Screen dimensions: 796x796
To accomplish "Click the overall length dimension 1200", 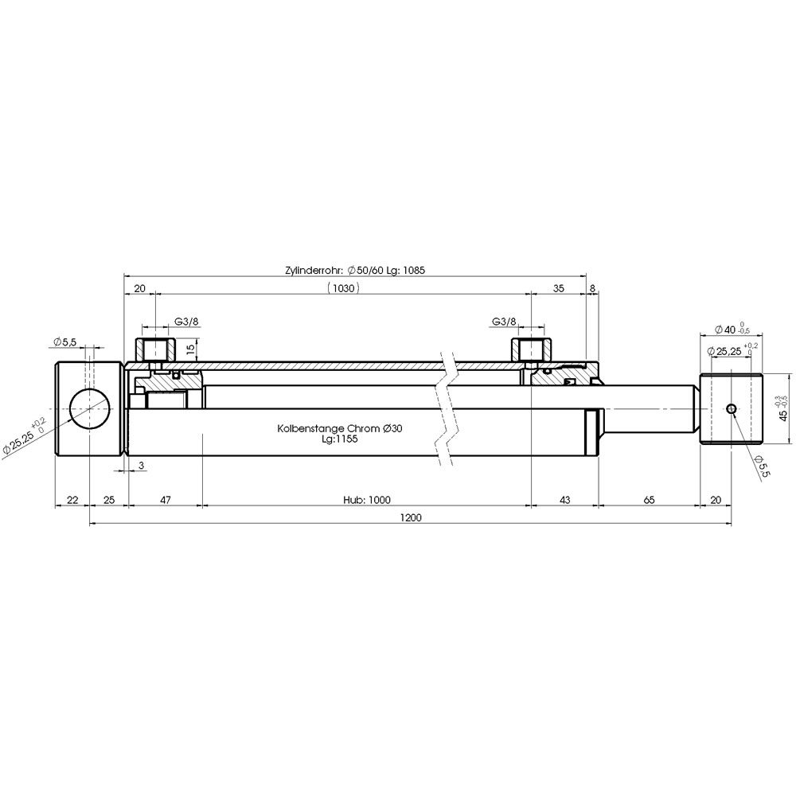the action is (x=411, y=518).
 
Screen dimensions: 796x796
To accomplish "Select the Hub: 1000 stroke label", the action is (x=366, y=500).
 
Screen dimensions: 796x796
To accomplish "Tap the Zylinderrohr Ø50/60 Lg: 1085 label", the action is (x=355, y=270).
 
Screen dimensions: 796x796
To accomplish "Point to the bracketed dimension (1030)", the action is (x=344, y=288).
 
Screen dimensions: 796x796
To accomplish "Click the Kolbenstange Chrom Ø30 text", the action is (x=340, y=428).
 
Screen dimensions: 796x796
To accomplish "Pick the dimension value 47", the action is (x=165, y=500).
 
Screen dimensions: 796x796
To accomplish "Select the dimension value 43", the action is (x=564, y=500).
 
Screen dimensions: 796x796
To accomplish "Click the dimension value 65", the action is (x=649, y=500).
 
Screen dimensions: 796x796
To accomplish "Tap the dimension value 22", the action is (x=72, y=500).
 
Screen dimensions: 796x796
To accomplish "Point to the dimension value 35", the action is (x=559, y=288).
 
